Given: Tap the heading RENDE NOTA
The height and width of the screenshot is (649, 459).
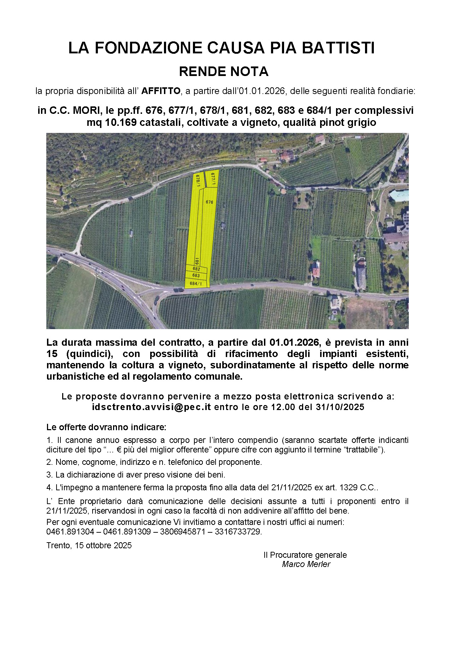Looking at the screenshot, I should pos(224,72).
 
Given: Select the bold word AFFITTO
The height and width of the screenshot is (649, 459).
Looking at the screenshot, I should pos(161,91).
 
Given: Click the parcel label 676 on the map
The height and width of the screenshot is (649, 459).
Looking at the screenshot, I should pos(210,202).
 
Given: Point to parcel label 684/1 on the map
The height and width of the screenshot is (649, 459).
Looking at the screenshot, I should pos(196,283).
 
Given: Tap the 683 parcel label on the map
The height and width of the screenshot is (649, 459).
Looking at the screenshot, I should pos(196,275).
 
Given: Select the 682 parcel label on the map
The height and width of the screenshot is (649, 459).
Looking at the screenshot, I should pos(196,269).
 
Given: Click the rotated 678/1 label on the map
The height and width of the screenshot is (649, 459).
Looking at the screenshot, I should pos(198,180).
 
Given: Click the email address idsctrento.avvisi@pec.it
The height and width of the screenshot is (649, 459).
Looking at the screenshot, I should pos(151,407).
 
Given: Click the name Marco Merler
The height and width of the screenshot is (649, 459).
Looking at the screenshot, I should pos(306,564).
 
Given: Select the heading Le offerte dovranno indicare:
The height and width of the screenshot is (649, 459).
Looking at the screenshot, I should pos(106,427).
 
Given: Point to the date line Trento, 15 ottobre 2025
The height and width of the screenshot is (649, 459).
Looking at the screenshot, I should pos(89,545).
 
